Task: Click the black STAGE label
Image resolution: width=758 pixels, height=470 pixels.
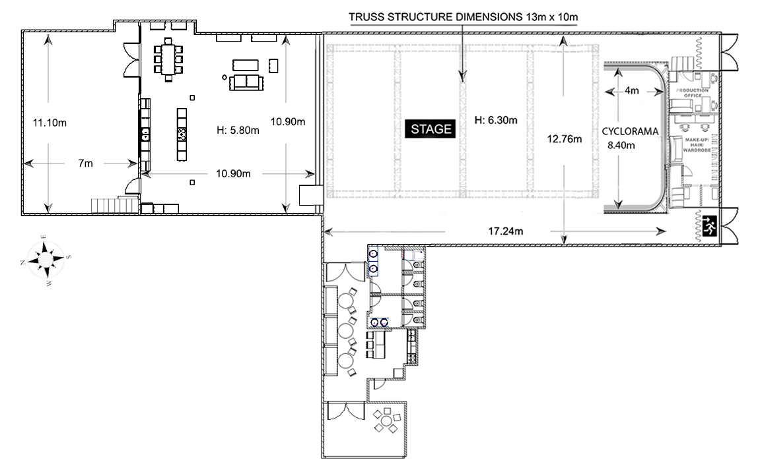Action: point(431,129)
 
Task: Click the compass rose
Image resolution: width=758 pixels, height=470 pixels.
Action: point(46,260)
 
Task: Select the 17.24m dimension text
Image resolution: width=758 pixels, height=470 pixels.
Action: point(505,231)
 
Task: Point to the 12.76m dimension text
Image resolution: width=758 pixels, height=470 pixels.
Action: point(564,139)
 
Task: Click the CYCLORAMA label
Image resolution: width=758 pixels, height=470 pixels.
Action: point(630,131)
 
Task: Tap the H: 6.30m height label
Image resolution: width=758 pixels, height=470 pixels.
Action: point(495,120)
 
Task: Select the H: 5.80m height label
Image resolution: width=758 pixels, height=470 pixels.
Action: point(238,131)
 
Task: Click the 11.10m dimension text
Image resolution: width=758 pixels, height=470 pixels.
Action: point(50,123)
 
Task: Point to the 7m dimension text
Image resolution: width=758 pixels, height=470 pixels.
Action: point(86,163)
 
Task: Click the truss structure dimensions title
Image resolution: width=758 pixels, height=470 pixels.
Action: point(463,17)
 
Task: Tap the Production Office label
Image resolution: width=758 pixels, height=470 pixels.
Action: point(692,93)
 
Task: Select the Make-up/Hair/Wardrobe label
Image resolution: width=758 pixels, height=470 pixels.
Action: point(696,145)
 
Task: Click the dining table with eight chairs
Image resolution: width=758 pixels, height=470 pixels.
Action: point(168,59)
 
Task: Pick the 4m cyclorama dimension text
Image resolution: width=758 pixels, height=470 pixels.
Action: point(631,90)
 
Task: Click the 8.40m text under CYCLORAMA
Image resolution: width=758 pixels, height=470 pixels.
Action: point(621,145)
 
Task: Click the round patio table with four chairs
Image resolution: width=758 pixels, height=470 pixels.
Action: point(386,421)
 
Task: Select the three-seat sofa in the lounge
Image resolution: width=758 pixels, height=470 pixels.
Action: point(246,82)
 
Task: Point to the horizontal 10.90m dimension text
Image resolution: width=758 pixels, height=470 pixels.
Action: point(233,174)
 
